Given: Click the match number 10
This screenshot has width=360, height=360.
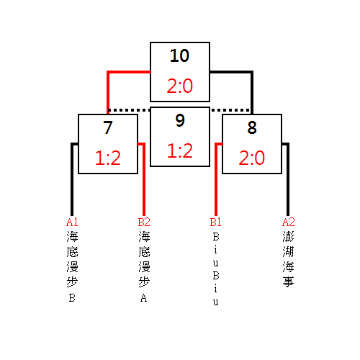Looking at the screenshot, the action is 179,55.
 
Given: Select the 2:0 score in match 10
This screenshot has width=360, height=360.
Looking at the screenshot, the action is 180,86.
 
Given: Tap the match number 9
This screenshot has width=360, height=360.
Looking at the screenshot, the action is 180,120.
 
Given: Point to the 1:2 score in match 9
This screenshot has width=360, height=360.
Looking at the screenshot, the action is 180,150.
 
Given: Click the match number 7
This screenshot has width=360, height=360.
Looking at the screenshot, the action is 108,127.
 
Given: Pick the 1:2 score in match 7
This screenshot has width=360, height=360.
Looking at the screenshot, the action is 108,158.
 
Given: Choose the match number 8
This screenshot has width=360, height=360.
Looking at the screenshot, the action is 252,127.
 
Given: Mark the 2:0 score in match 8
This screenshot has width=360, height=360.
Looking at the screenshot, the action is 252,158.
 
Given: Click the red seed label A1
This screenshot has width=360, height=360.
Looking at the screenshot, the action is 72,222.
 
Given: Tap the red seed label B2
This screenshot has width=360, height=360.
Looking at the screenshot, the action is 144,222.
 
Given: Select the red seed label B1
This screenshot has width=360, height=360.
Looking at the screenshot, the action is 215,222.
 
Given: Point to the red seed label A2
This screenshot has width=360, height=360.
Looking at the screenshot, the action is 289,222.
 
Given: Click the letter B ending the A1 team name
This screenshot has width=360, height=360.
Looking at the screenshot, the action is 72,298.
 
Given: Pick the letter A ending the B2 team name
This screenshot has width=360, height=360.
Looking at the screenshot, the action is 144,298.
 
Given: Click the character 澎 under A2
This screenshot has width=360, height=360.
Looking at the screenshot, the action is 288,237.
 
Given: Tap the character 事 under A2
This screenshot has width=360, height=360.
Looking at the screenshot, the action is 288,282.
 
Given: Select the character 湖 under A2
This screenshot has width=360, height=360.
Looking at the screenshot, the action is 288,251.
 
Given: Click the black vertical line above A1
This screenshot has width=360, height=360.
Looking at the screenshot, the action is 72,179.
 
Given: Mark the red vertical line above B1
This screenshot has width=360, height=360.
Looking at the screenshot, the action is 216,179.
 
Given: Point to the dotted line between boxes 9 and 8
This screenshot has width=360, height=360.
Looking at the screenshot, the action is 231,110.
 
